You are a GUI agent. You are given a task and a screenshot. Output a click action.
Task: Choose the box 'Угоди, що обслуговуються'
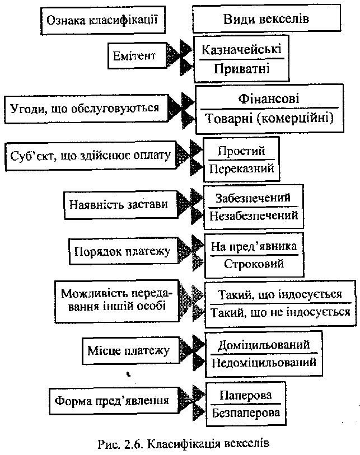click(85, 107)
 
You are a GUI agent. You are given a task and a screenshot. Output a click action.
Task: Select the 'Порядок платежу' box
click(122, 250)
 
